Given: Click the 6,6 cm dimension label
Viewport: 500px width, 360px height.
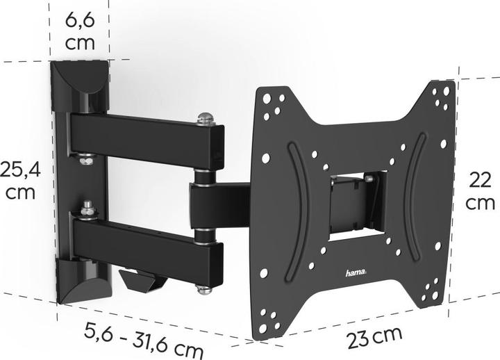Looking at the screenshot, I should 81,31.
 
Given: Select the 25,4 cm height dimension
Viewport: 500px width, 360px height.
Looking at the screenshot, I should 19,179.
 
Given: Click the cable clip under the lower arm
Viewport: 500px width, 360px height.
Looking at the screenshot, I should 142,280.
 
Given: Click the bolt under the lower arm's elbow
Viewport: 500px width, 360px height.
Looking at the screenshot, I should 204,286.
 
